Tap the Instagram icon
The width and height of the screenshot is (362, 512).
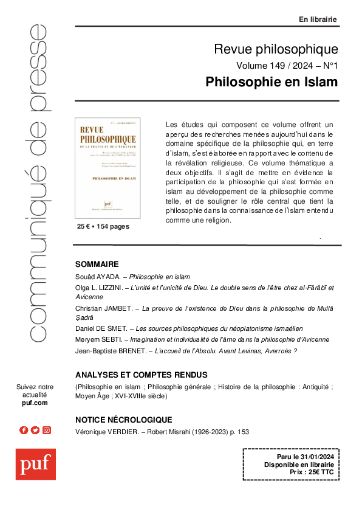point(47,430)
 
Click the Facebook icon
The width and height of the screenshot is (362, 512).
point(24,430)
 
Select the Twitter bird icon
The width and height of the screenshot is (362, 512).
point(35,430)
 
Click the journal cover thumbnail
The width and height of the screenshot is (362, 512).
point(107,168)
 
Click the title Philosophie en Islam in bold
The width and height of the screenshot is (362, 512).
point(271,81)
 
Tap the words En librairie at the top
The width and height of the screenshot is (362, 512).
point(318,19)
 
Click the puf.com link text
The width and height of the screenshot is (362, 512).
point(35,403)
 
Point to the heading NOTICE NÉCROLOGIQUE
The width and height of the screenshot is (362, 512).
point(123,420)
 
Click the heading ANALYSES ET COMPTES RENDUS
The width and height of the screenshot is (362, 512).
point(141,375)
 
